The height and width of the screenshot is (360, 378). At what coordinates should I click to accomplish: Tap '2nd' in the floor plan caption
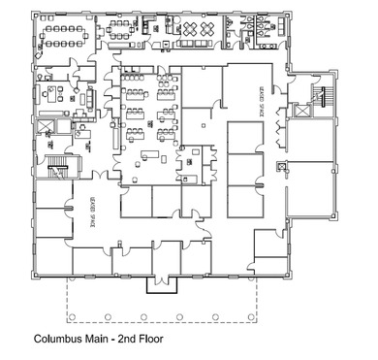pyautogui.click(x=124, y=341)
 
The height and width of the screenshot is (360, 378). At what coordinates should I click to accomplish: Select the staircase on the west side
pyautogui.click(x=55, y=167)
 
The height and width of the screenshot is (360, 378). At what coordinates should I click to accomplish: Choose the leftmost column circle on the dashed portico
pyautogui.click(x=71, y=315)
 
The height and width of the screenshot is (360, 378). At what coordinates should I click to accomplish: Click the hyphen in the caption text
pyautogui.click(x=112, y=341)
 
